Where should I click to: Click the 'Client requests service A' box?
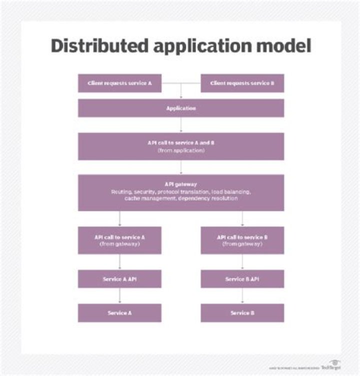119,83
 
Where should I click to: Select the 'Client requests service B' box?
242,83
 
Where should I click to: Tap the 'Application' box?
180,108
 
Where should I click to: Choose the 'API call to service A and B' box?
180,146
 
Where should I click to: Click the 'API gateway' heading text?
181,184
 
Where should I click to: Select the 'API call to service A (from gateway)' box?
119,240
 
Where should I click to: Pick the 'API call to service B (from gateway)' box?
242,240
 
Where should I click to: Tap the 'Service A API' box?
119,279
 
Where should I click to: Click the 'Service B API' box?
242,279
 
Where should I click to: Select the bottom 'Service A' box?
119,313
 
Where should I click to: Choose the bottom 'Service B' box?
242,313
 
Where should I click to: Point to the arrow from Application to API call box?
180,124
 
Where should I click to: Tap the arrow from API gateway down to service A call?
119,218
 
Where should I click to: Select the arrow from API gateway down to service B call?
242,218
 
